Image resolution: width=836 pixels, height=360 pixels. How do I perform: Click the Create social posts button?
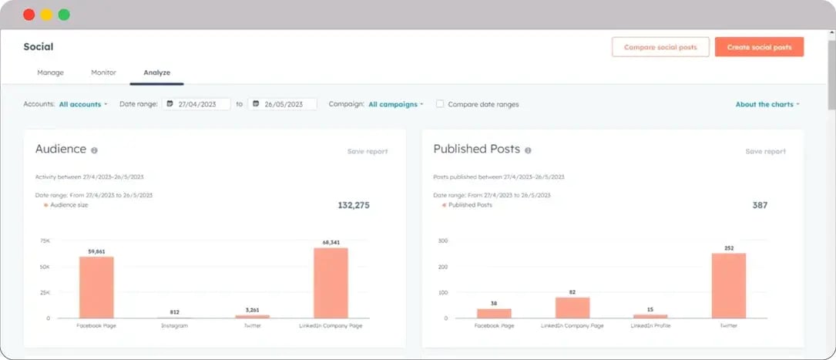pos(759,47)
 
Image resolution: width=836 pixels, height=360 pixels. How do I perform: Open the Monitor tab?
pos(103,72)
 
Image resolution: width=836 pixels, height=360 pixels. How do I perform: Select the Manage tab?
pos(50,72)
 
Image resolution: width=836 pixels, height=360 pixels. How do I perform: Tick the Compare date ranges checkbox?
pos(440,104)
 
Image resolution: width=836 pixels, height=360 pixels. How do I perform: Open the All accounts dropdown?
pos(83,104)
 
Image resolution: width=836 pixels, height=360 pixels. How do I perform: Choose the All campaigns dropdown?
pos(395,104)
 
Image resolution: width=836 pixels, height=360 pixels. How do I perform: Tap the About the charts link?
pos(767,104)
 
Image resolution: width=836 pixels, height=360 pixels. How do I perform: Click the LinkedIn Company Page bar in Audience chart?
pos(331,282)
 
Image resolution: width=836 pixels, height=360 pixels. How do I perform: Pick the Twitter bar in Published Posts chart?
pos(728,285)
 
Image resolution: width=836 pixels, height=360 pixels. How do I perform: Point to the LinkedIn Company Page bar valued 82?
pos(572,307)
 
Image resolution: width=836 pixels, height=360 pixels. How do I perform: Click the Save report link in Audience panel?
pos(368,151)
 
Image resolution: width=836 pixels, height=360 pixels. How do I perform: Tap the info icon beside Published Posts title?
pos(528,150)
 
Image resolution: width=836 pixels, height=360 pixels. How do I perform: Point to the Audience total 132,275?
pos(353,205)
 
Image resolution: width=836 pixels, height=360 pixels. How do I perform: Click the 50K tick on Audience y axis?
pos(45,267)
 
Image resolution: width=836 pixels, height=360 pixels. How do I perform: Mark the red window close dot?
pos(29,15)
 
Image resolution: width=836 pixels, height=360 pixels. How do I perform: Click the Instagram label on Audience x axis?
pos(174,326)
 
